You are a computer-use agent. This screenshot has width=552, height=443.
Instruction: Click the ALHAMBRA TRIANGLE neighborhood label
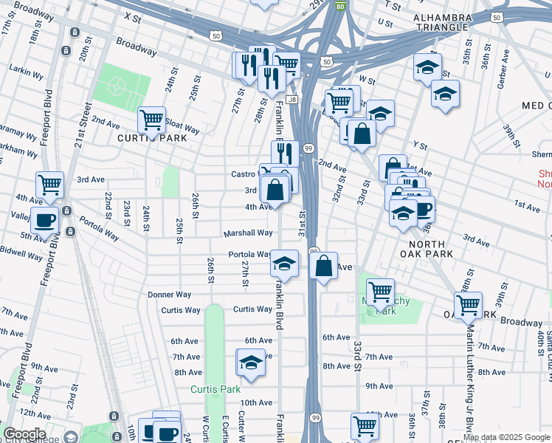point(441,21)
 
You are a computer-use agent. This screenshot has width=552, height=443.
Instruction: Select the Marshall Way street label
point(249,233)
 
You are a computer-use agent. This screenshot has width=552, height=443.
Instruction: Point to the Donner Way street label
point(170,295)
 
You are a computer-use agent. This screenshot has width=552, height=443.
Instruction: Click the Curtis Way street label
point(181,310)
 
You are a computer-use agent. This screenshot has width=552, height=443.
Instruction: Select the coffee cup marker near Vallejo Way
point(44,220)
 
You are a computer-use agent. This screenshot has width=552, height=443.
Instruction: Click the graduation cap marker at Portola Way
point(284,264)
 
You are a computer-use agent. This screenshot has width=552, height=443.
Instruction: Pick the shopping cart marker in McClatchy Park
point(380,292)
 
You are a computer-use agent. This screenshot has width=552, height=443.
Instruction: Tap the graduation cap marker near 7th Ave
point(251,363)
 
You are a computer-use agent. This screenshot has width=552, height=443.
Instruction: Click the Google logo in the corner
point(24,434)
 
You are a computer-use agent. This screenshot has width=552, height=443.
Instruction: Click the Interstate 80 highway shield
point(339,6)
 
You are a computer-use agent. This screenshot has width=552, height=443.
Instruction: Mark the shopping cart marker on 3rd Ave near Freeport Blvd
point(49,185)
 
